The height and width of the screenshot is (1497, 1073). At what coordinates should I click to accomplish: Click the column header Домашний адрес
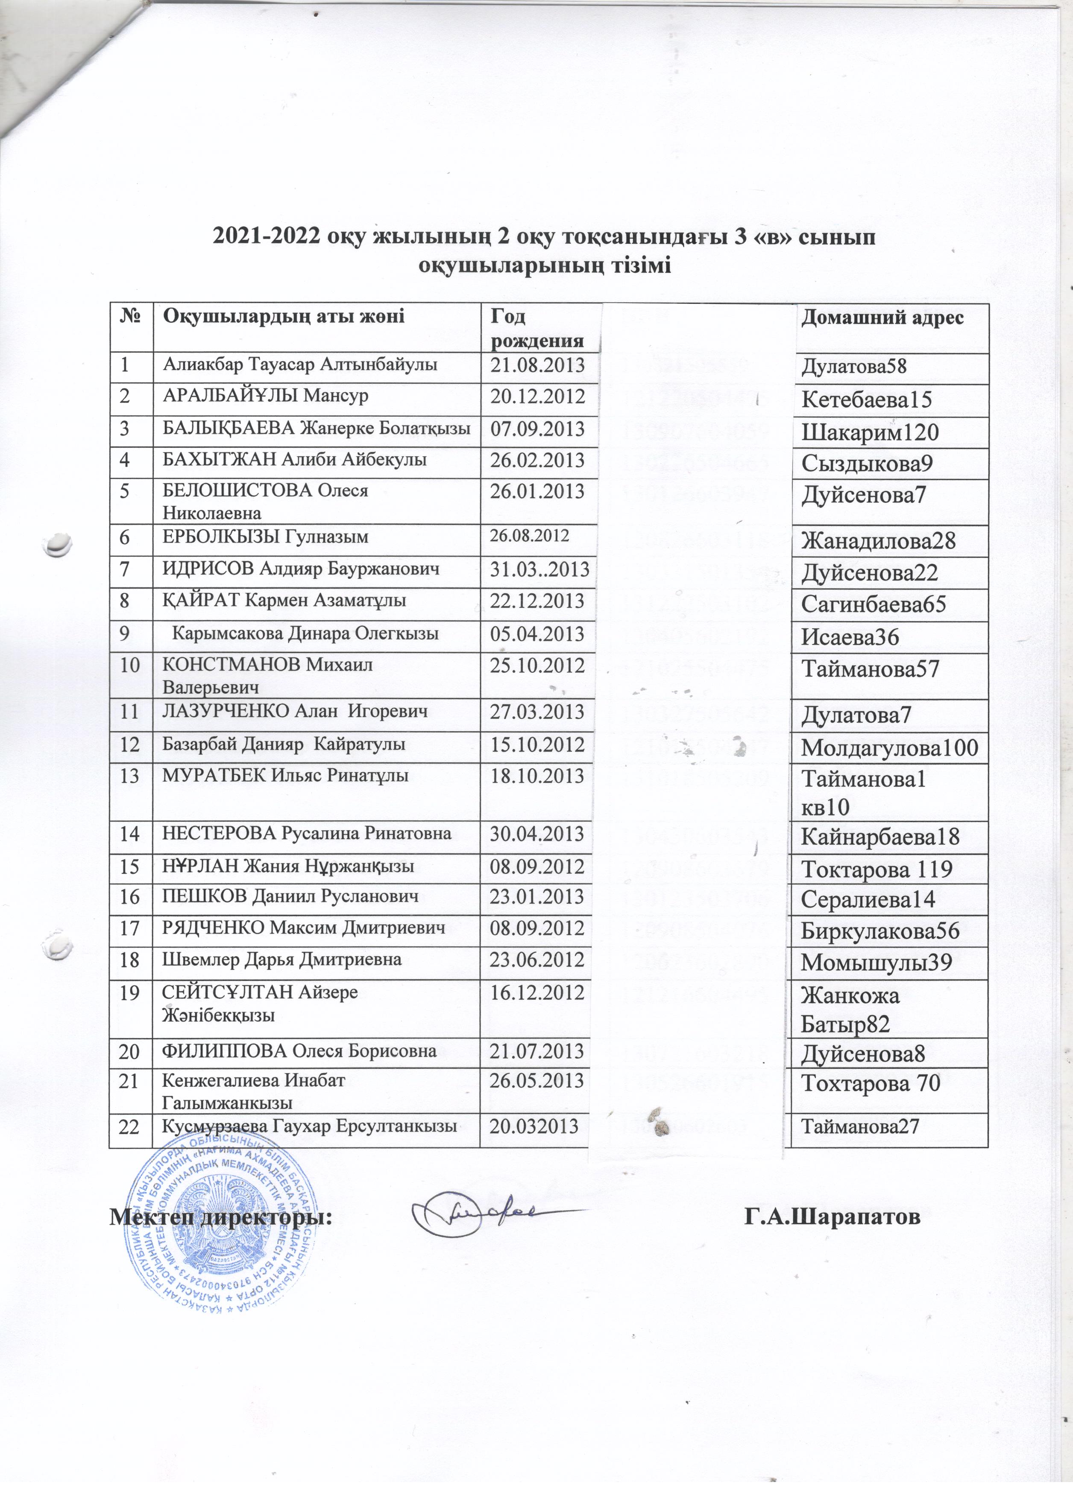tap(882, 318)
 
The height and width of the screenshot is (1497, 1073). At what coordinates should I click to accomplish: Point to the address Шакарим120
tap(870, 432)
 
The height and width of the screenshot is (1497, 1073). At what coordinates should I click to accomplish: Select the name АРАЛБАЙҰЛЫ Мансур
tap(265, 396)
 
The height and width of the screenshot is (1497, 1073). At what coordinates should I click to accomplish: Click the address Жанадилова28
tap(878, 541)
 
